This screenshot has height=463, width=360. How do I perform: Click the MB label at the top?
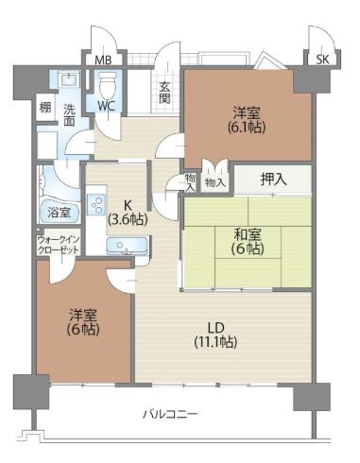tap(103, 60)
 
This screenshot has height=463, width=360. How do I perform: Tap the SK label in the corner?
tap(322, 60)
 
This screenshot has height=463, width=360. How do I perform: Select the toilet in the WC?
tap(107, 85)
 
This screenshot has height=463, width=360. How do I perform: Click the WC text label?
tap(106, 107)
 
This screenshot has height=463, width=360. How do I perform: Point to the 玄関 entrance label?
tap(164, 93)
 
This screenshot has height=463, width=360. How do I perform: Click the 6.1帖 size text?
tap(247, 128)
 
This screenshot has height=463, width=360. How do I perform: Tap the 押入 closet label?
tap(274, 180)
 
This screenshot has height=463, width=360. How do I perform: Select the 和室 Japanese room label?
tap(248, 234)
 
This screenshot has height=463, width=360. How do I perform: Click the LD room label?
tap(215, 328)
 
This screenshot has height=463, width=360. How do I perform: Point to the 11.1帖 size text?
tap(215, 341)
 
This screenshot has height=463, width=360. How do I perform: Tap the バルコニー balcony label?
tap(170, 414)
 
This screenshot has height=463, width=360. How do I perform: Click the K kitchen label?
tap(128, 205)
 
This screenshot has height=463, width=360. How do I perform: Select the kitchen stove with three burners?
tap(97, 204)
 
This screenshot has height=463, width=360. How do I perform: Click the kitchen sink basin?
tap(127, 245)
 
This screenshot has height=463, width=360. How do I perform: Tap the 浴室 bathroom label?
tap(59, 213)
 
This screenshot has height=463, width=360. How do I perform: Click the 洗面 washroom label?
tap(69, 115)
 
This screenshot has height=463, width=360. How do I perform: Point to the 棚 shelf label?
tap(45, 108)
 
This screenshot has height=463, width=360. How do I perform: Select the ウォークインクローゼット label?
tap(58, 245)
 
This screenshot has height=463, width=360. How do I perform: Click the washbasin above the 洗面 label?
tap(69, 79)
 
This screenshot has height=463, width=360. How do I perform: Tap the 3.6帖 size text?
tap(128, 219)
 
